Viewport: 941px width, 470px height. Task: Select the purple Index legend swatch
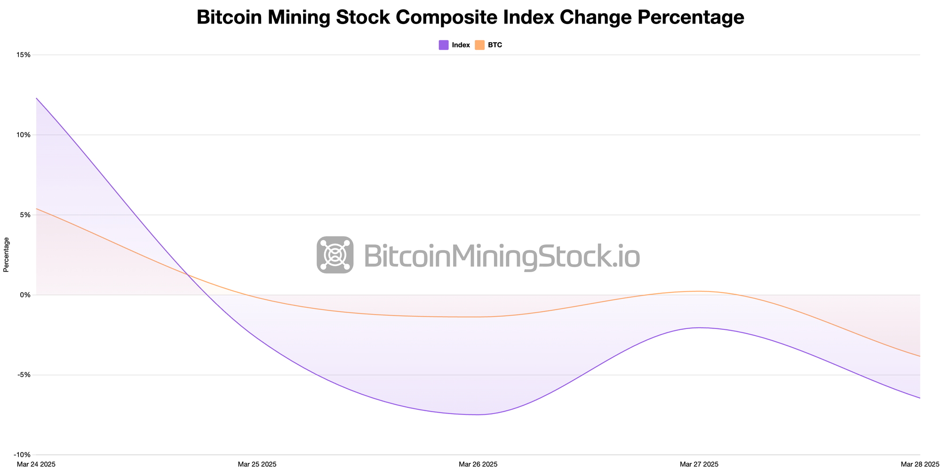(444, 45)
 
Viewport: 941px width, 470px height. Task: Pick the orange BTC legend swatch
(479, 45)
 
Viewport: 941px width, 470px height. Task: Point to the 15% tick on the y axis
(24, 55)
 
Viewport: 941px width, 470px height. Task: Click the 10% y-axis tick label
(24, 135)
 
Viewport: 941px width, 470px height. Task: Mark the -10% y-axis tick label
(24, 454)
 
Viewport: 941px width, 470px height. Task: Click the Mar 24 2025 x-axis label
(36, 464)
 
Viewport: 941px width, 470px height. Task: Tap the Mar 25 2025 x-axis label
(257, 464)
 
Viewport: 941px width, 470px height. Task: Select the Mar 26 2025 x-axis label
(478, 464)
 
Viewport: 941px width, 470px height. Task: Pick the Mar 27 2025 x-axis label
(699, 464)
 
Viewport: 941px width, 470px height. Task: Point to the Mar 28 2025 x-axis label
(920, 464)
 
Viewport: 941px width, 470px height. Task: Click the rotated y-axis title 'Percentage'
(6, 255)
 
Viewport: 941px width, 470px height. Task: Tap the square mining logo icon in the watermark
(335, 255)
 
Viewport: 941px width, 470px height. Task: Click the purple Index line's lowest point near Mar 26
(477, 415)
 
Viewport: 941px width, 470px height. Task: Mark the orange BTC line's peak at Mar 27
(700, 291)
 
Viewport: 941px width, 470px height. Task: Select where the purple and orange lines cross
(188, 275)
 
